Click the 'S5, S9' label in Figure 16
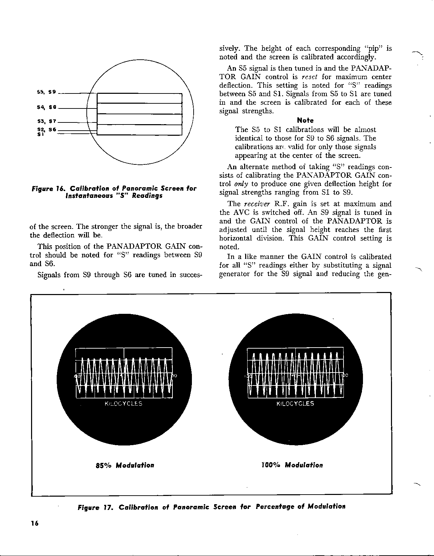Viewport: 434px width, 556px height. (x=46, y=92)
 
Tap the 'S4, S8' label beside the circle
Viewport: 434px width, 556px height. (x=46, y=107)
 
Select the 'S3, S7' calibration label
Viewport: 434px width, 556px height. (x=46, y=121)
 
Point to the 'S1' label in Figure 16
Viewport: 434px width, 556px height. (x=40, y=134)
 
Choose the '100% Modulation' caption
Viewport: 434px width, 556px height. (x=292, y=465)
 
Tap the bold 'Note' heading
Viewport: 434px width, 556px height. (x=305, y=120)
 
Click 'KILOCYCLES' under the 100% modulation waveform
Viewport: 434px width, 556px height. (x=295, y=404)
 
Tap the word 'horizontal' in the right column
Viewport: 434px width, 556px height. (x=236, y=238)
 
